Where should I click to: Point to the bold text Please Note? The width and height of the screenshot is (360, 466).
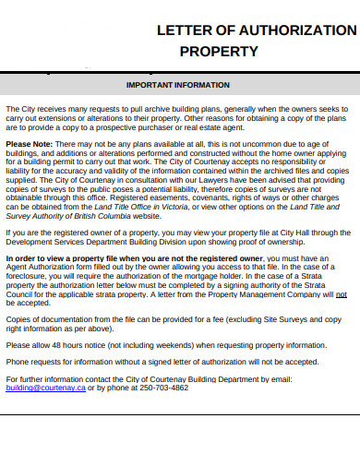click(30, 145)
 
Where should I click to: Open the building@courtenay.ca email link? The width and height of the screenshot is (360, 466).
click(45, 388)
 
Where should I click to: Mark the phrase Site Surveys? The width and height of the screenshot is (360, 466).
click(276, 318)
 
